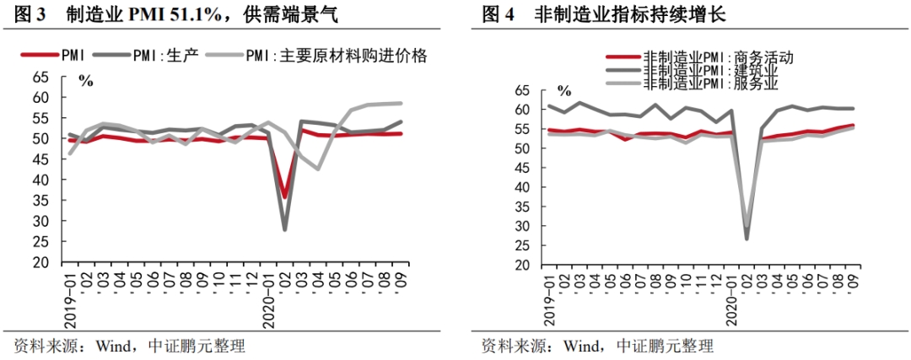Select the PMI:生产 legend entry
pos(164,56)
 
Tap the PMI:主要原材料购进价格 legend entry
pos(337,56)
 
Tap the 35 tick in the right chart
pos(523,207)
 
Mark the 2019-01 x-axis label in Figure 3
pos(70,298)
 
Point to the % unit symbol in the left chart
pos(85,81)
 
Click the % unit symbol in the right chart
pos(563,90)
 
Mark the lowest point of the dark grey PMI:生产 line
pos(285,229)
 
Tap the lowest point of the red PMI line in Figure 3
pos(285,197)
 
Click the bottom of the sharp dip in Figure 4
pos(747,238)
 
